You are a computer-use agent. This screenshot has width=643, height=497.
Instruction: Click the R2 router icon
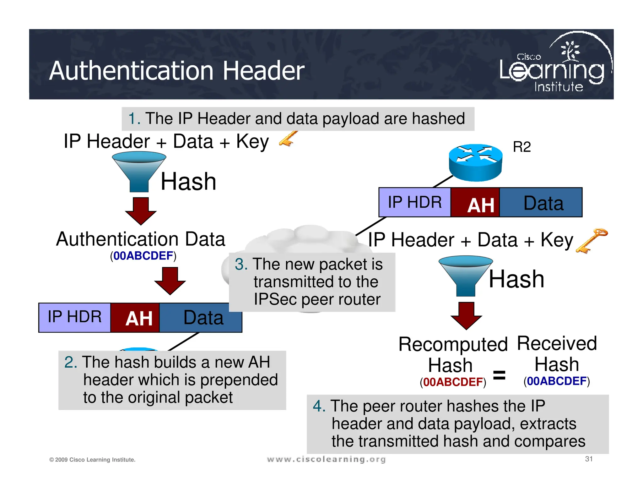[x=475, y=162]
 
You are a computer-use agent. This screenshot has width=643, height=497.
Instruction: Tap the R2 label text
[x=521, y=147]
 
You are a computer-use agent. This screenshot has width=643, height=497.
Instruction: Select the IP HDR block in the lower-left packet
[x=74, y=317]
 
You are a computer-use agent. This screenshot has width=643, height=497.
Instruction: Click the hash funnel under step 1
[x=139, y=171]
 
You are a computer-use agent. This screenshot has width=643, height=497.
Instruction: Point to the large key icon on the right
[x=592, y=241]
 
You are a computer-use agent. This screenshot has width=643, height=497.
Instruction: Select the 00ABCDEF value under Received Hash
[x=556, y=381]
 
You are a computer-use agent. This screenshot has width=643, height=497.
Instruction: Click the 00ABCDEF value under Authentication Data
[x=143, y=256]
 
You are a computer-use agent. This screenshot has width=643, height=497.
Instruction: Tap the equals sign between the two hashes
[x=499, y=375]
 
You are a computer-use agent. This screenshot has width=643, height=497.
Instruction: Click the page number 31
[x=589, y=459]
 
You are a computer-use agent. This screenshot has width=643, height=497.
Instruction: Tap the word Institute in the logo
[x=559, y=87]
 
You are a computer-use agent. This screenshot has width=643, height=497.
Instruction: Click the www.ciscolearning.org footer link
[x=326, y=459]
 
